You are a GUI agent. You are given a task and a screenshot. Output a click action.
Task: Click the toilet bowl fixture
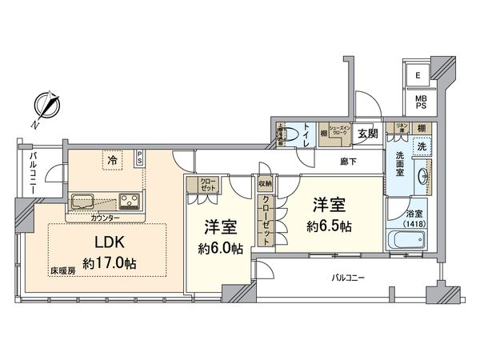coord(296,134)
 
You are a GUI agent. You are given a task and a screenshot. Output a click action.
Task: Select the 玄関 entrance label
coord(368,134)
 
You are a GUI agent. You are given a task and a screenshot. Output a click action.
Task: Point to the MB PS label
coord(419,105)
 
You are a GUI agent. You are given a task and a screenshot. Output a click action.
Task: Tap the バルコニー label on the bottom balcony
coord(349,278)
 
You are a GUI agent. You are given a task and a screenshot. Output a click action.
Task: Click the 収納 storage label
coord(265,183)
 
